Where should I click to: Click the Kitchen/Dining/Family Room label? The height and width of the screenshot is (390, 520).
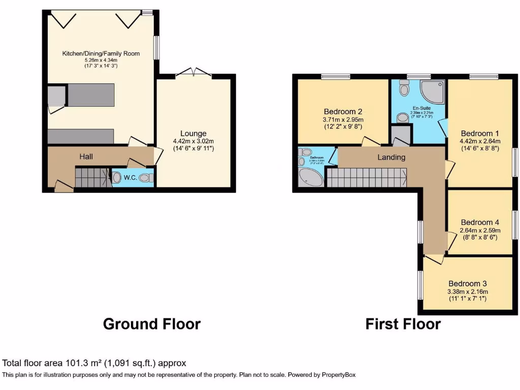(x=101, y=53)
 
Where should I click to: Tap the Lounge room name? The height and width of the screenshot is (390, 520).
(x=193, y=134)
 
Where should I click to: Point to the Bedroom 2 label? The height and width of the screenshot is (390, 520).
(x=343, y=112)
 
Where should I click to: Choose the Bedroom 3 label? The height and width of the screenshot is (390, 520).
(x=467, y=283)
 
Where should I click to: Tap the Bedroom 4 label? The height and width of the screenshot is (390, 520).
(x=480, y=222)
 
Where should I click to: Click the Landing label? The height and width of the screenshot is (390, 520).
(x=391, y=157)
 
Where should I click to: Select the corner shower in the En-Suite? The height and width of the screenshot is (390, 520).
(x=432, y=92)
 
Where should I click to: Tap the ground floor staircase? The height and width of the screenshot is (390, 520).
(x=91, y=178)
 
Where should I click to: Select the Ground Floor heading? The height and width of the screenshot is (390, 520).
(x=152, y=323)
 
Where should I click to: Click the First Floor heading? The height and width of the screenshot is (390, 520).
(x=403, y=323)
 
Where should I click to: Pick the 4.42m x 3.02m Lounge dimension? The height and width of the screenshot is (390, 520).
(x=193, y=141)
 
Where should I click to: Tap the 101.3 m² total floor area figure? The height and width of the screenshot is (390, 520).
(x=84, y=363)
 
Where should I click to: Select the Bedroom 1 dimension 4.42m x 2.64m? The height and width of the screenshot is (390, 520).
(x=480, y=141)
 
